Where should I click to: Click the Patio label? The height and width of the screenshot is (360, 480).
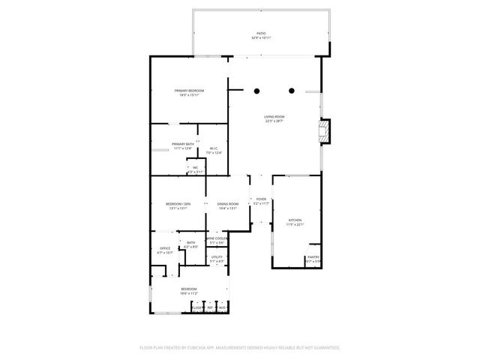pos(261,34)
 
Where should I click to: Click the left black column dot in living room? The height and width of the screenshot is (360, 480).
pos(256,91)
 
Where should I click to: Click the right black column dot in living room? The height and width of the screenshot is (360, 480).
pos(292,91)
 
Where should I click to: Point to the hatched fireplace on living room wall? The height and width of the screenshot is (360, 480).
pos(324,132)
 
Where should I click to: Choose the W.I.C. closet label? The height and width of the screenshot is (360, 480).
pos(214,148)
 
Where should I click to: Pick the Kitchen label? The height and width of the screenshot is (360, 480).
pos(295,220)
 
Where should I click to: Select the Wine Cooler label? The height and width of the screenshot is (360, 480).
pos(217,238)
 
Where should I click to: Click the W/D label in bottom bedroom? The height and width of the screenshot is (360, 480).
pos(222,307)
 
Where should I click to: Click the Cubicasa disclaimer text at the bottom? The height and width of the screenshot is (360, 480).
pos(240,348)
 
